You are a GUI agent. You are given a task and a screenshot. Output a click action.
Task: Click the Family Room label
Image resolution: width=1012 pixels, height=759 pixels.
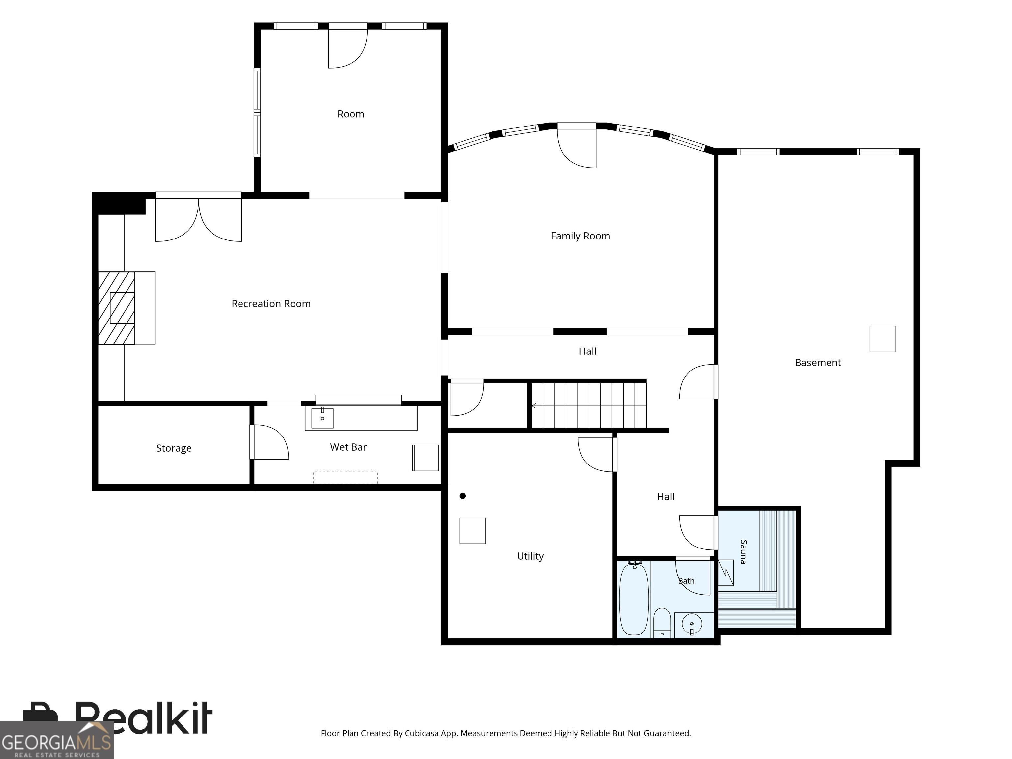(x=580, y=236)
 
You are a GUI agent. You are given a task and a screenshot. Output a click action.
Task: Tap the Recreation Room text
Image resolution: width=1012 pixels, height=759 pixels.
(x=271, y=304)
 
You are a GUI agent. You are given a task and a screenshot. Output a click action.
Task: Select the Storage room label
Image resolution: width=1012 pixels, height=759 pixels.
(x=174, y=448)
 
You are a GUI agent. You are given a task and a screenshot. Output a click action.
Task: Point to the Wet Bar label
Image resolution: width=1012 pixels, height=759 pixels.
(x=348, y=447)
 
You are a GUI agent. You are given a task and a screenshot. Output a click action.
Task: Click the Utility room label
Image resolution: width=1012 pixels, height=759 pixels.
(x=530, y=556)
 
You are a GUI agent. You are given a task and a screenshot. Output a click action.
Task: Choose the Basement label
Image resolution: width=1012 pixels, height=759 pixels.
(x=818, y=363)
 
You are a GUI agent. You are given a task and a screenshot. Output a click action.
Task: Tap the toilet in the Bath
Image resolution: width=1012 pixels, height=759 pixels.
(x=661, y=623)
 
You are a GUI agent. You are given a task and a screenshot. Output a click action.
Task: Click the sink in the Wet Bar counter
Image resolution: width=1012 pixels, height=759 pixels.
(x=323, y=418)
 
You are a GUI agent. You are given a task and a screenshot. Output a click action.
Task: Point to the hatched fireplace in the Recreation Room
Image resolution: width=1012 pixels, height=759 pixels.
(x=117, y=308)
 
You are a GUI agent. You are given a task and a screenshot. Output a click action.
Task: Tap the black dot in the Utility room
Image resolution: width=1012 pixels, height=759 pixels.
(x=463, y=496)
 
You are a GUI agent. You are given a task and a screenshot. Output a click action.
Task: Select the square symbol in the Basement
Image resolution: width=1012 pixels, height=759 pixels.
(x=883, y=339)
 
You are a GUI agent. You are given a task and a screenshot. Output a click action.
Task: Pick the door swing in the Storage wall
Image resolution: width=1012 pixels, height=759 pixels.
(x=269, y=442)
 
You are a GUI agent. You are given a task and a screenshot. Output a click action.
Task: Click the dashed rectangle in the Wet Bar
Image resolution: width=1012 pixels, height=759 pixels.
(x=346, y=477)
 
